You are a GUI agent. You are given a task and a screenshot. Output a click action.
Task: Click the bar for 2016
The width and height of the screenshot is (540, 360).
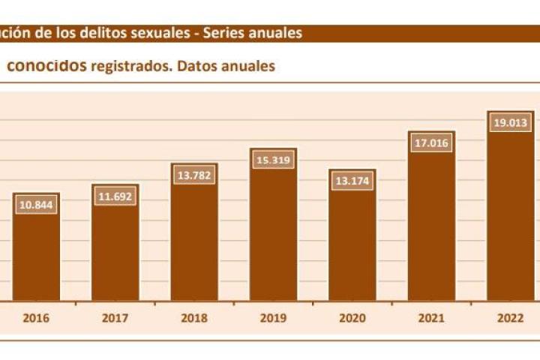(36, 247)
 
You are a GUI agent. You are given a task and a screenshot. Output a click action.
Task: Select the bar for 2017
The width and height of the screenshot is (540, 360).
(115, 243)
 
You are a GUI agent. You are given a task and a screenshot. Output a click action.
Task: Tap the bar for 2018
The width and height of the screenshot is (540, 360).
(194, 232)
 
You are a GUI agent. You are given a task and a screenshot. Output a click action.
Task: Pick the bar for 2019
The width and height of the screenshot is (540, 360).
(273, 225)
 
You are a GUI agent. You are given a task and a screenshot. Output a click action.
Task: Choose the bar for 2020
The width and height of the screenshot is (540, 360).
(352, 235)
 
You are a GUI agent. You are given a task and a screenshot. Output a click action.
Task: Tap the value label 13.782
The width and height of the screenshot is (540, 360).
(194, 175)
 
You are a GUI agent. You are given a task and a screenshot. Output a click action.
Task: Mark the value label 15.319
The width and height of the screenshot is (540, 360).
(273, 160)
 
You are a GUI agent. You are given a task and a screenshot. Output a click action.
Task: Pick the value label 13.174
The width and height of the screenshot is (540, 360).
(352, 181)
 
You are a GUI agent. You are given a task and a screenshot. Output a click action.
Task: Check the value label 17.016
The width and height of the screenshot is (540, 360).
(431, 143)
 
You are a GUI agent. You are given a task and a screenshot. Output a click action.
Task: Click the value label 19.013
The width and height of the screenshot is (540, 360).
(511, 123)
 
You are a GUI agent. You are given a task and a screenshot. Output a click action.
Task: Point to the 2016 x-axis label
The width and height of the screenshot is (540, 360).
(36, 318)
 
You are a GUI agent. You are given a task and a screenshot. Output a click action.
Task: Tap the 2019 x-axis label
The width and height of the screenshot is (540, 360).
(273, 318)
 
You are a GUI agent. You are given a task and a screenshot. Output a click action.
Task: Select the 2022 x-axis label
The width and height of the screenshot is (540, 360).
(511, 318)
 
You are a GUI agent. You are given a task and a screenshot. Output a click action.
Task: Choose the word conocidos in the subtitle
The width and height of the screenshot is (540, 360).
(46, 66)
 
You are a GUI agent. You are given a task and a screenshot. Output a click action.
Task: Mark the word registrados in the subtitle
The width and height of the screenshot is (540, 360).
(128, 67)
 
